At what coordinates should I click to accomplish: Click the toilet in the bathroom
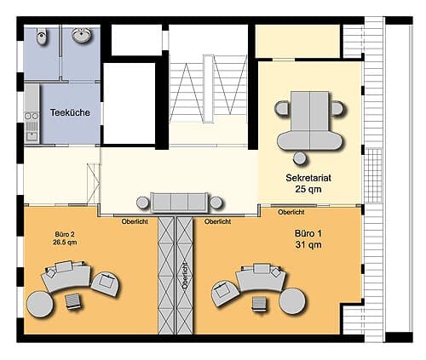42,37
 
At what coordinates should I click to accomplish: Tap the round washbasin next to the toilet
82,35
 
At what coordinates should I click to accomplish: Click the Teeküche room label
70,112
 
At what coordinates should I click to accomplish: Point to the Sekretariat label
308,178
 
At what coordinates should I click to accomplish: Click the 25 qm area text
308,189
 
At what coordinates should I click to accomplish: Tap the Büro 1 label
308,233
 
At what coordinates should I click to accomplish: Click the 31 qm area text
308,244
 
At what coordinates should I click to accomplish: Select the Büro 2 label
65,234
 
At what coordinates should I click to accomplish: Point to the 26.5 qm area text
65,243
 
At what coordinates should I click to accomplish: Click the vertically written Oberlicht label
185,276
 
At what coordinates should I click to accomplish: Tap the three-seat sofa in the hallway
179,203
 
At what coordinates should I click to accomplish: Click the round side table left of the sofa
143,203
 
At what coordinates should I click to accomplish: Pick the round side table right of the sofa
216,203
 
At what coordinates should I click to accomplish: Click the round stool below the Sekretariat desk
300,158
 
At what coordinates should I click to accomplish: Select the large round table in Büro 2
40,304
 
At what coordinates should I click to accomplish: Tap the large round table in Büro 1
293,301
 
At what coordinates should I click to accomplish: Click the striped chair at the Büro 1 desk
259,304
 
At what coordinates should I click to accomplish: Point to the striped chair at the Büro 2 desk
74,301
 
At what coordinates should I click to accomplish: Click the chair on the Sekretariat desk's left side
282,108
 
